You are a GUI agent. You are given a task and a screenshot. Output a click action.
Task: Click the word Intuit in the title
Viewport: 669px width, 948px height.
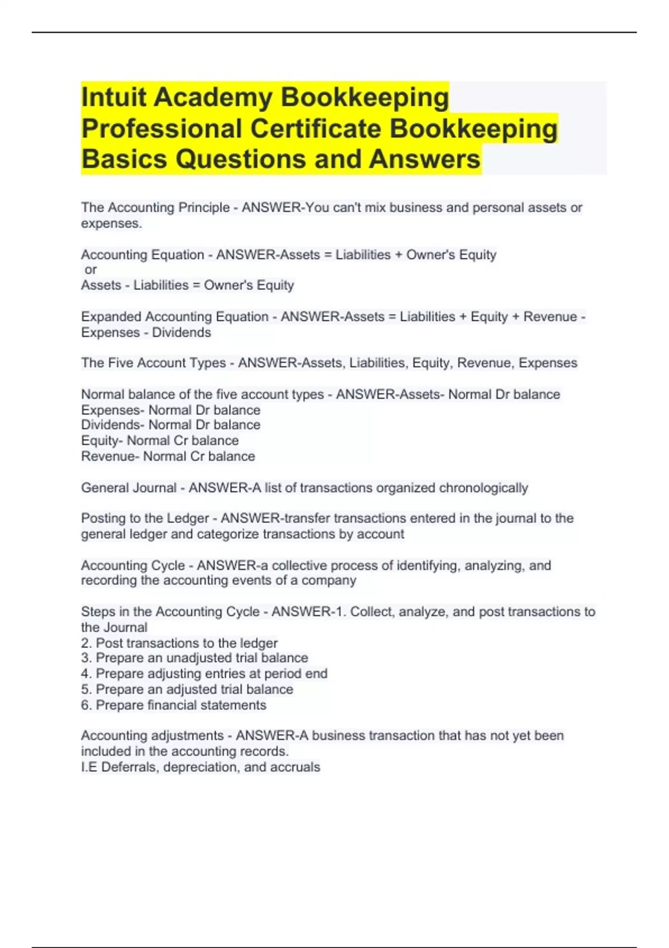click(x=114, y=98)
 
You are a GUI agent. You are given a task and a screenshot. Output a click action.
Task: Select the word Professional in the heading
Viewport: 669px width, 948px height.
click(x=162, y=129)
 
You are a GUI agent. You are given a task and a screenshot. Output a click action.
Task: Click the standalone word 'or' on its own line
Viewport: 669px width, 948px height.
click(x=91, y=270)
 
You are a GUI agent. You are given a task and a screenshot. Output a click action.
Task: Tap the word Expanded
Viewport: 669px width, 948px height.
click(x=111, y=317)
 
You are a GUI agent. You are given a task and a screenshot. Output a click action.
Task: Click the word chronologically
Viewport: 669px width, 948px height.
click(x=483, y=488)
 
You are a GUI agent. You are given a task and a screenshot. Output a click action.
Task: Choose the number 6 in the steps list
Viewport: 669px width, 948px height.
click(x=85, y=705)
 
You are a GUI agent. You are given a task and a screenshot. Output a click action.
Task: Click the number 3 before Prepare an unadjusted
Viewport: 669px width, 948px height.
click(x=85, y=658)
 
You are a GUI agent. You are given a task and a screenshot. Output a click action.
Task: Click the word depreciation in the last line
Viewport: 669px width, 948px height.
click(x=200, y=767)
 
